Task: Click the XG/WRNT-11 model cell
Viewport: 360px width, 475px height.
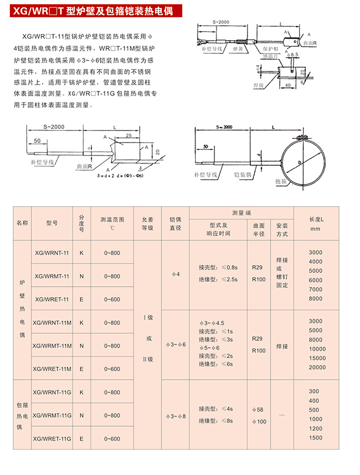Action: click(x=51, y=252)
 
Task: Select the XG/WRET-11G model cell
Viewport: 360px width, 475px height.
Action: click(x=52, y=438)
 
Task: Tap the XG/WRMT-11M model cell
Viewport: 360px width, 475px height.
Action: click(x=52, y=346)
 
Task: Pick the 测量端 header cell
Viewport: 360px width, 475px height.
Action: click(x=241, y=213)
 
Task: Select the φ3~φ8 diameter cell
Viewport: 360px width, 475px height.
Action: click(x=176, y=416)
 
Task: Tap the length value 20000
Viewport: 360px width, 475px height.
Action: click(x=317, y=367)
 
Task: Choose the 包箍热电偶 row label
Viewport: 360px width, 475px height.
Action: click(x=22, y=416)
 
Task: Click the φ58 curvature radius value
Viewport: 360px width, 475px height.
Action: click(x=258, y=409)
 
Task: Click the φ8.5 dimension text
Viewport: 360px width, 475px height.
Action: click(x=293, y=54)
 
